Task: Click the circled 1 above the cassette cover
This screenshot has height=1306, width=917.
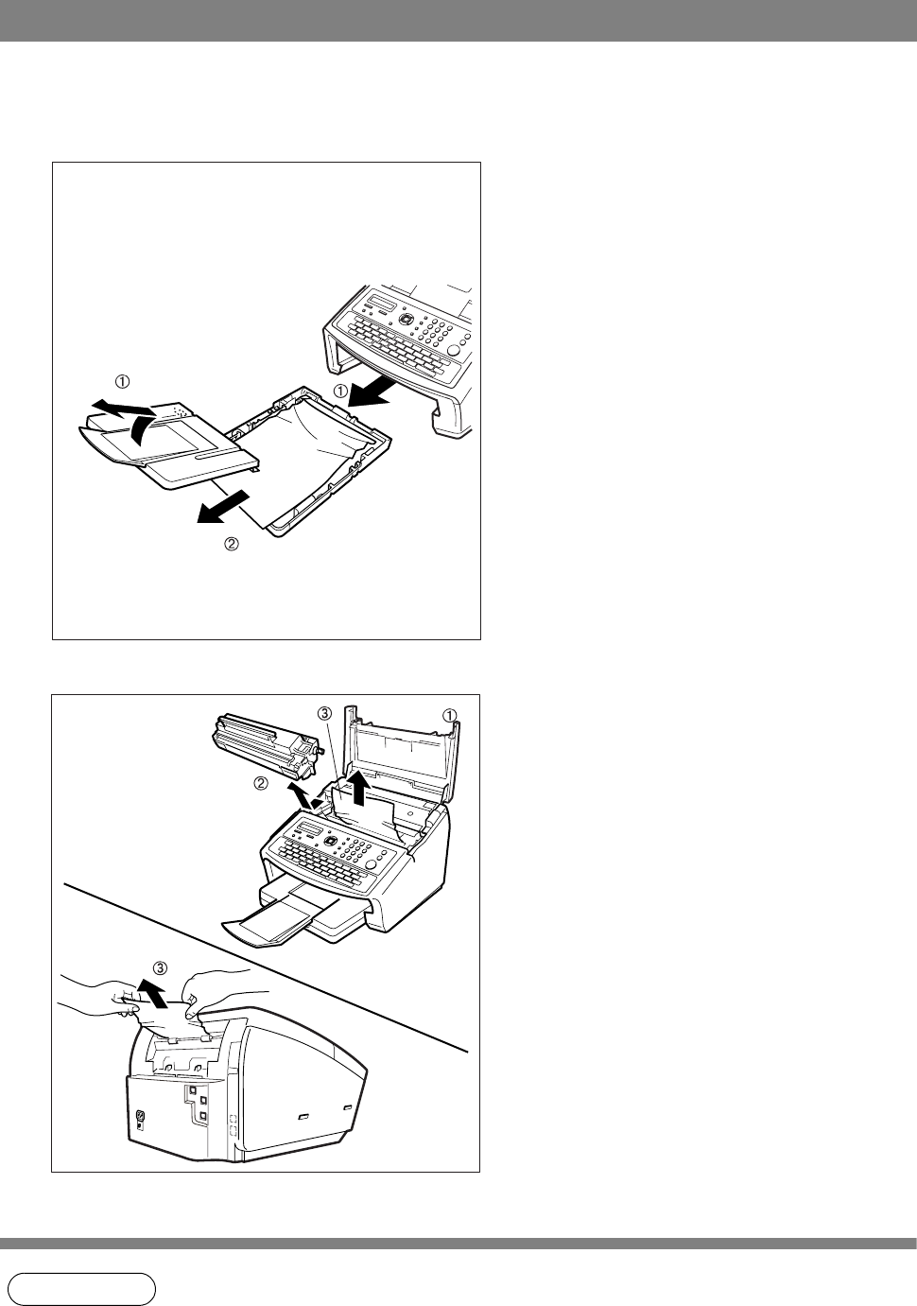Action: point(122,381)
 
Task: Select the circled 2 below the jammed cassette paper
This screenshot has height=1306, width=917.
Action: point(232,544)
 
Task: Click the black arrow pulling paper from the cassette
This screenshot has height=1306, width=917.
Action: point(223,506)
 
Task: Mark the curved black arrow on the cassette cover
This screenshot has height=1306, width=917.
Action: point(144,429)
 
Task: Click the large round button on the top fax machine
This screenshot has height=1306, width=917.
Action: point(456,349)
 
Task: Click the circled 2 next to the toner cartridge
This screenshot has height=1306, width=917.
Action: point(261,785)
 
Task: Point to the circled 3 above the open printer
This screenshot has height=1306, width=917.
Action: point(324,712)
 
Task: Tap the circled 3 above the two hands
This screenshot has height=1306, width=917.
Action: point(161,968)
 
